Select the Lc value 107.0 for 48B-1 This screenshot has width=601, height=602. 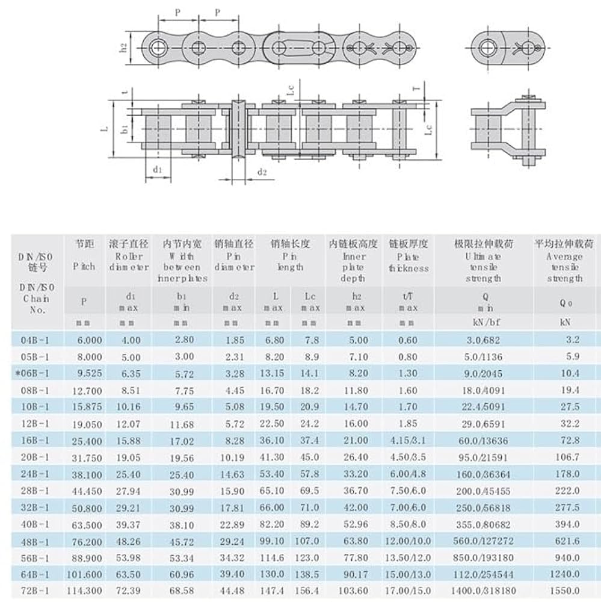(306, 541)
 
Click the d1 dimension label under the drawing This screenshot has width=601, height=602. (158, 170)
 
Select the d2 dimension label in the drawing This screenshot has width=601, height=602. (262, 172)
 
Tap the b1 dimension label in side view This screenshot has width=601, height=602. (124, 128)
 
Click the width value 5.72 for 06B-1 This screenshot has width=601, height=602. (183, 373)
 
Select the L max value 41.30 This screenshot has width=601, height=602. (274, 457)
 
